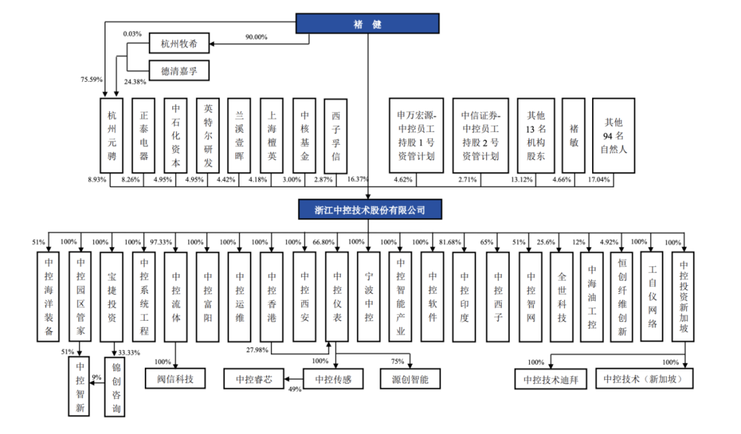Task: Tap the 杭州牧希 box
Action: (x=178, y=45)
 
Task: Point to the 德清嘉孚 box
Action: (x=178, y=71)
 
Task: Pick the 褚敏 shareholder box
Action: (x=574, y=135)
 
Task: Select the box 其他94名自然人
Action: (x=613, y=135)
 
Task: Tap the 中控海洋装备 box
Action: (x=49, y=297)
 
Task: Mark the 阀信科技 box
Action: (x=175, y=378)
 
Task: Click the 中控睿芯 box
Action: (x=253, y=378)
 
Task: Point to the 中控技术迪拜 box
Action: (x=551, y=378)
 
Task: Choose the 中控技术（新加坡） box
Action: (x=644, y=378)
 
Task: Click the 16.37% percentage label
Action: (x=358, y=180)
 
